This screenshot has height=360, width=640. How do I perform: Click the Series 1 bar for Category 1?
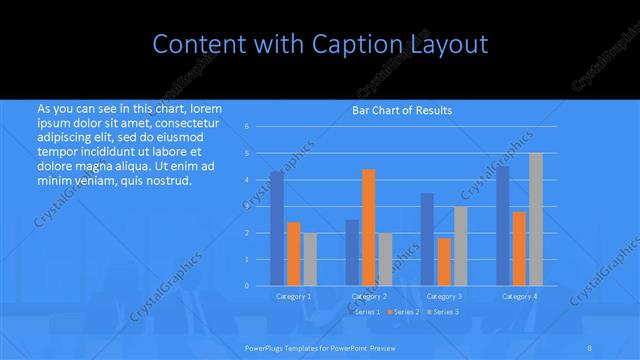(277, 229)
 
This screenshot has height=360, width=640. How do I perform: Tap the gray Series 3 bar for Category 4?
(536, 219)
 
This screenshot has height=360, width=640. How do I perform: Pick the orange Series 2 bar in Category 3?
(443, 262)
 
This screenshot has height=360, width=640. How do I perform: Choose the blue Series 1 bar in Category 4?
(502, 226)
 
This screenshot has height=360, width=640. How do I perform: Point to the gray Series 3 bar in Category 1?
(310, 259)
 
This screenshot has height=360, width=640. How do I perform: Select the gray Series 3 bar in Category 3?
(460, 246)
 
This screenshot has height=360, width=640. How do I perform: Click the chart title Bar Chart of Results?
(402, 110)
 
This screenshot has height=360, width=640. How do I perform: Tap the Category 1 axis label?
(293, 296)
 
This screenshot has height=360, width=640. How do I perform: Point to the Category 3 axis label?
(444, 296)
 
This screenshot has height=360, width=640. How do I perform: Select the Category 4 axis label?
(519, 296)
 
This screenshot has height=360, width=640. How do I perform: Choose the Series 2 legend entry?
(403, 312)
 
